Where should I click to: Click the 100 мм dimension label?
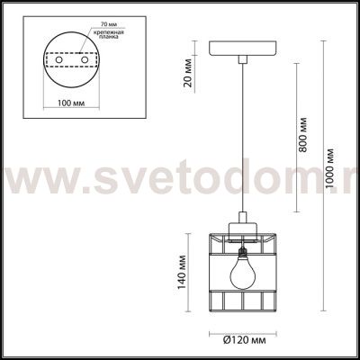click(x=71, y=103)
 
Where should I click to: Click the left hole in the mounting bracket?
click(x=59, y=60)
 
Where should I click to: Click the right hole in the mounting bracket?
click(x=85, y=60)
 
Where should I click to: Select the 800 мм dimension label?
click(x=303, y=135)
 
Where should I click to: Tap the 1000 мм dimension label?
click(x=329, y=168)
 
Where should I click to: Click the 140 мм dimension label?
click(x=182, y=273)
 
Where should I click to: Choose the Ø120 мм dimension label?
click(x=245, y=340)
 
